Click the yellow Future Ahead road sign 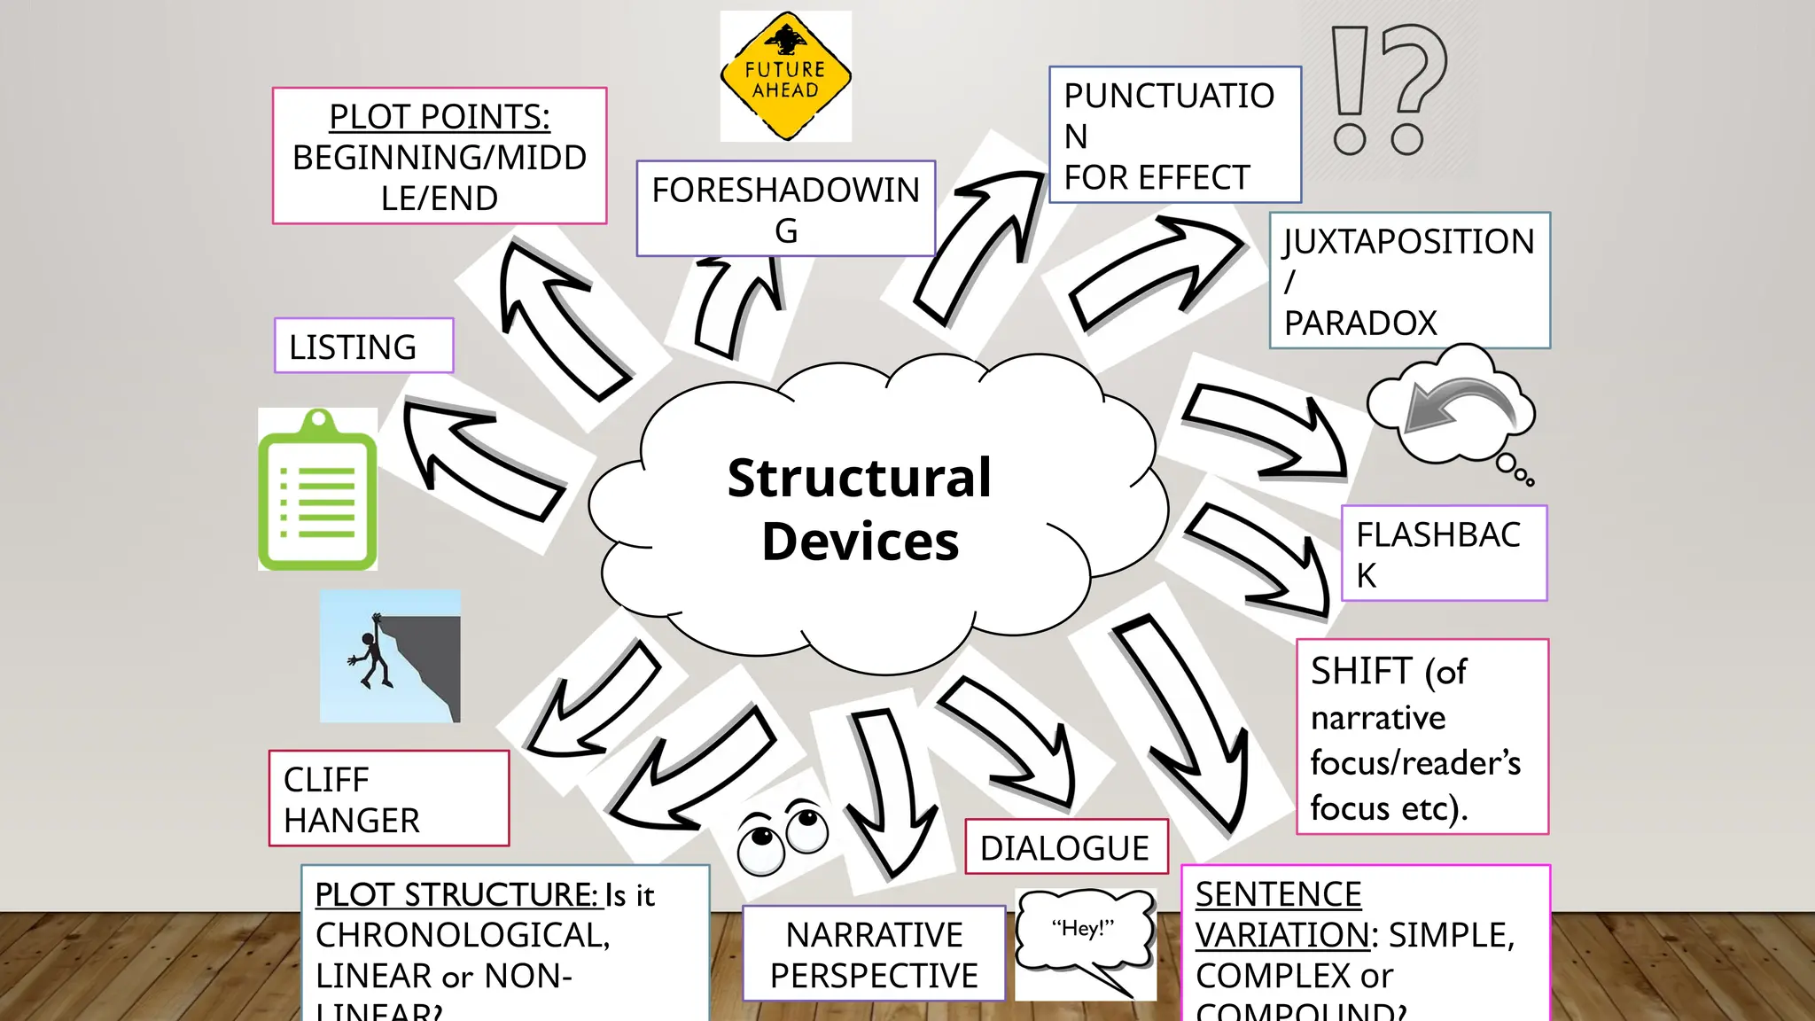click(x=785, y=77)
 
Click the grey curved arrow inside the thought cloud click(x=1459, y=403)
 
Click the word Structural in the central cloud click(x=859, y=479)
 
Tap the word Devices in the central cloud click(x=860, y=542)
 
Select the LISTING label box click(x=363, y=347)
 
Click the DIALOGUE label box click(x=1065, y=848)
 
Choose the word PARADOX click(x=1359, y=323)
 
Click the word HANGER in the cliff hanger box click(x=351, y=821)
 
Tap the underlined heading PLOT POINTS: click(x=439, y=117)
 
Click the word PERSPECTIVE click(x=874, y=976)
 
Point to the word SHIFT click(x=1361, y=671)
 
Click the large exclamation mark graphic click(x=1350, y=89)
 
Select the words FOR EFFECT click(x=1157, y=178)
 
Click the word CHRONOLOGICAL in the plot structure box click(x=461, y=935)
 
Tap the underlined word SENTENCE click(x=1278, y=894)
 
